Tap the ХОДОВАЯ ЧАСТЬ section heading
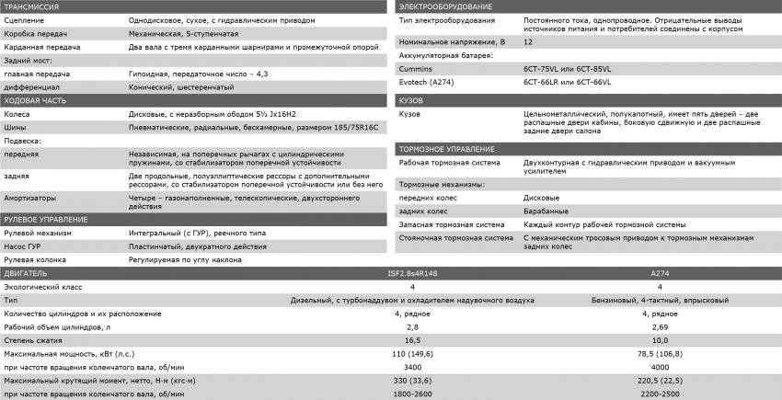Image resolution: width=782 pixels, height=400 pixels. click(x=35, y=99)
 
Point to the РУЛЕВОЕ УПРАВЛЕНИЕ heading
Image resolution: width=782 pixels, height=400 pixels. click(x=46, y=220)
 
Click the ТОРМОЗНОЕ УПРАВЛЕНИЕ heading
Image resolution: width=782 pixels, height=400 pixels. click(x=448, y=149)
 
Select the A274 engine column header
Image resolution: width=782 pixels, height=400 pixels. click(x=660, y=273)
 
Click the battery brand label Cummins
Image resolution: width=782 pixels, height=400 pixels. click(x=417, y=68)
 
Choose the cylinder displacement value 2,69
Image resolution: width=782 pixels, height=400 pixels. click(x=660, y=326)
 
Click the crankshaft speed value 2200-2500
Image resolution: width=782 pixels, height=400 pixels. click(x=660, y=393)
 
